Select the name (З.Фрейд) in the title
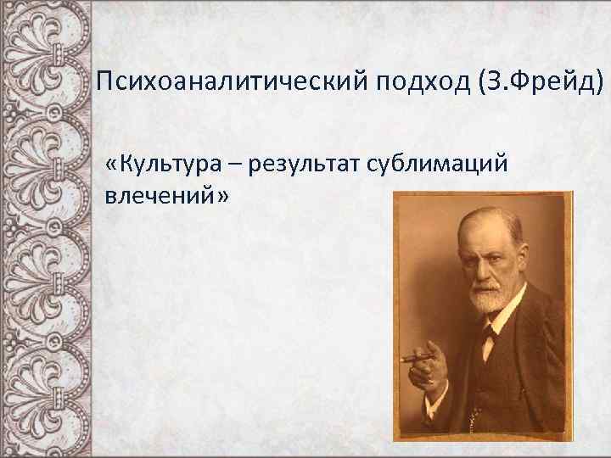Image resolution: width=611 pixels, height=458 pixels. [x=537, y=83]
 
